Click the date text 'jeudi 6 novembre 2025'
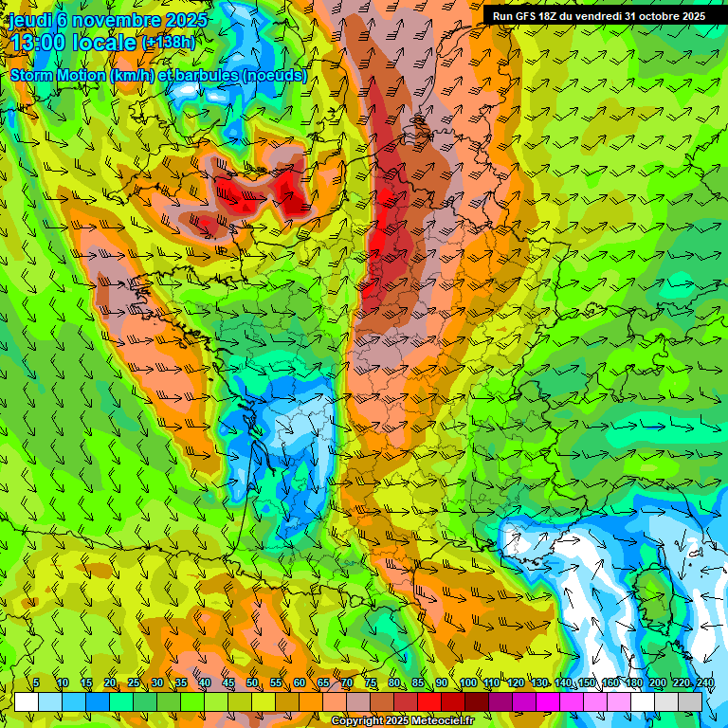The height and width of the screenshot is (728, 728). [109, 19]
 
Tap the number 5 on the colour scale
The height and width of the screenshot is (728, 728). [36, 683]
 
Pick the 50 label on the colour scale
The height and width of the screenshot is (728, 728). [252, 683]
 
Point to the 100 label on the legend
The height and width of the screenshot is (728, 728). [467, 683]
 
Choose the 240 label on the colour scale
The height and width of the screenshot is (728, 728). [705, 683]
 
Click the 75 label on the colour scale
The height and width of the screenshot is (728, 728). [371, 683]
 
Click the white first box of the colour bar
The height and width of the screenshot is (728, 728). [27, 701]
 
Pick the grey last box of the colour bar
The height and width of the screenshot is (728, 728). [690, 701]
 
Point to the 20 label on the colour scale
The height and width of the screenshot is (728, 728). [110, 683]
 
